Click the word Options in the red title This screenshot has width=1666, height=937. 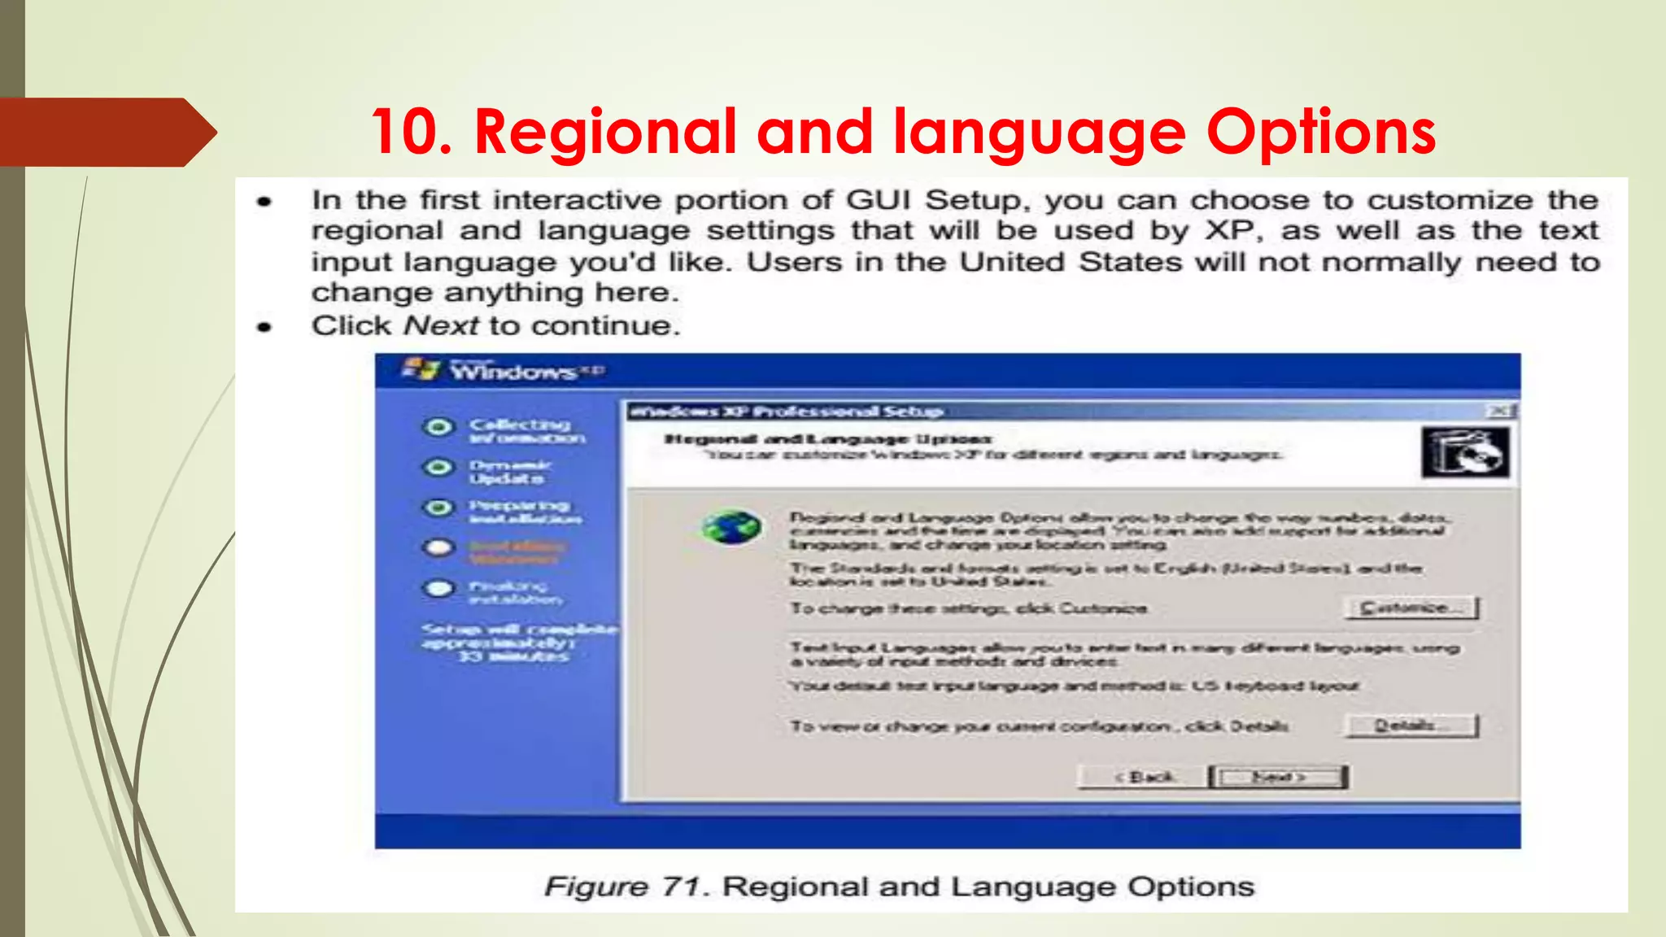point(1321,132)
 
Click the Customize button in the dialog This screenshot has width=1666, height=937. point(1411,608)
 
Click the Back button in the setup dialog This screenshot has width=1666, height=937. point(1143,777)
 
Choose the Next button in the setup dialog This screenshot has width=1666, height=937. point(1279,777)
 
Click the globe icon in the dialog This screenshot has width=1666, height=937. point(731,528)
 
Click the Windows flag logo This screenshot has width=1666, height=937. point(421,369)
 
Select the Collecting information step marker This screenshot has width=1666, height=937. point(439,427)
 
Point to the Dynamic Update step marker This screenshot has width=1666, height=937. point(439,468)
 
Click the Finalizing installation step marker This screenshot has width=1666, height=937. point(439,588)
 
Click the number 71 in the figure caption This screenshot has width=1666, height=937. point(680,887)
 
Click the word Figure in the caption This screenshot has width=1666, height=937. point(596,887)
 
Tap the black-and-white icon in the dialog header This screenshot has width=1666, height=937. point(1464,452)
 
